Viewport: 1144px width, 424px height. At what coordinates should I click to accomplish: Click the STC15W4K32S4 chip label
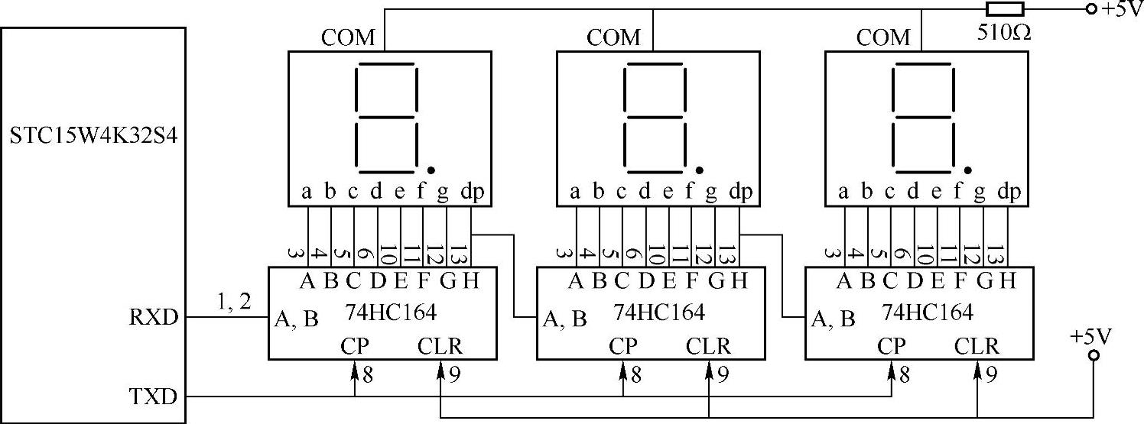click(x=94, y=138)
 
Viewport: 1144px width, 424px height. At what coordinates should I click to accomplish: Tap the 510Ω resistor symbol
click(x=1004, y=9)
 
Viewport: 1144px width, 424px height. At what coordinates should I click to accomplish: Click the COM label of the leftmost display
click(x=348, y=37)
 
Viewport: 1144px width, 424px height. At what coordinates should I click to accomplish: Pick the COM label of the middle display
click(x=614, y=37)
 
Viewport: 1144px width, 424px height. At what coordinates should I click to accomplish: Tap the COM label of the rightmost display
click(x=883, y=37)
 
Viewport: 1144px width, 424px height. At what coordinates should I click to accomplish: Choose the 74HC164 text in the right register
click(x=928, y=312)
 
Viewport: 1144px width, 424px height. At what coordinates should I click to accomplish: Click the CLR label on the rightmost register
click(x=977, y=346)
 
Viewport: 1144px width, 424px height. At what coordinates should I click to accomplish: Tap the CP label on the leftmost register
click(x=354, y=346)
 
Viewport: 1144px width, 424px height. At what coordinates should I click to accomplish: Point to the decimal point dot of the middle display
click(x=699, y=170)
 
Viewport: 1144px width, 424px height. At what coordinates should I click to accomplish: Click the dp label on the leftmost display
click(x=472, y=193)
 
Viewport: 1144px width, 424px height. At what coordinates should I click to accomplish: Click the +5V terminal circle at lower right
click(x=1094, y=355)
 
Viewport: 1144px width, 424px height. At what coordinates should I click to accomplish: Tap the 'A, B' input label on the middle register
click(x=564, y=318)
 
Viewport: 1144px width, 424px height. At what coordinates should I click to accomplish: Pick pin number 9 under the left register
click(x=454, y=374)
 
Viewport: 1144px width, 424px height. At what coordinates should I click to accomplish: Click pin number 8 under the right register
click(x=905, y=374)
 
